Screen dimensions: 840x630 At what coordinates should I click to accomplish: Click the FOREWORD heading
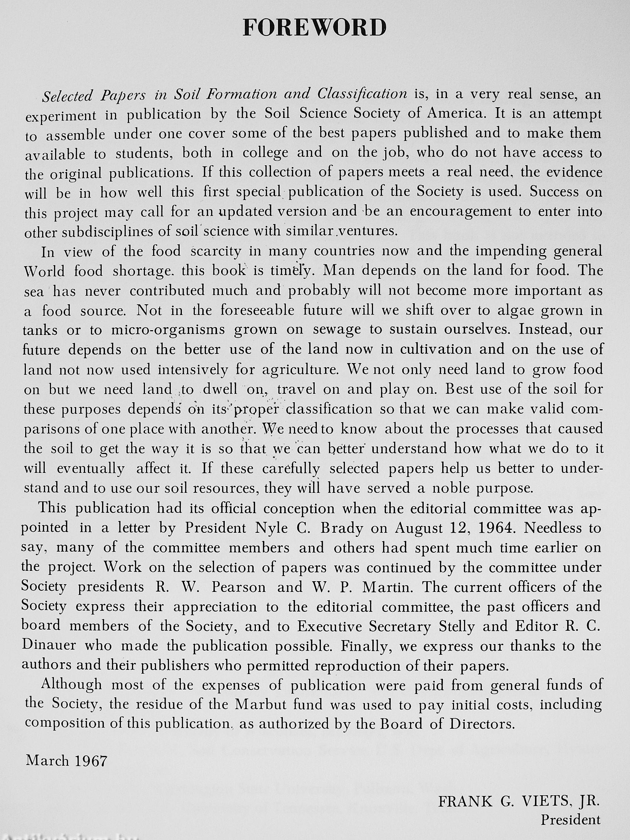(x=314, y=28)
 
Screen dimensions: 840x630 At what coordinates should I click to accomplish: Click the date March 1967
(x=67, y=761)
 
